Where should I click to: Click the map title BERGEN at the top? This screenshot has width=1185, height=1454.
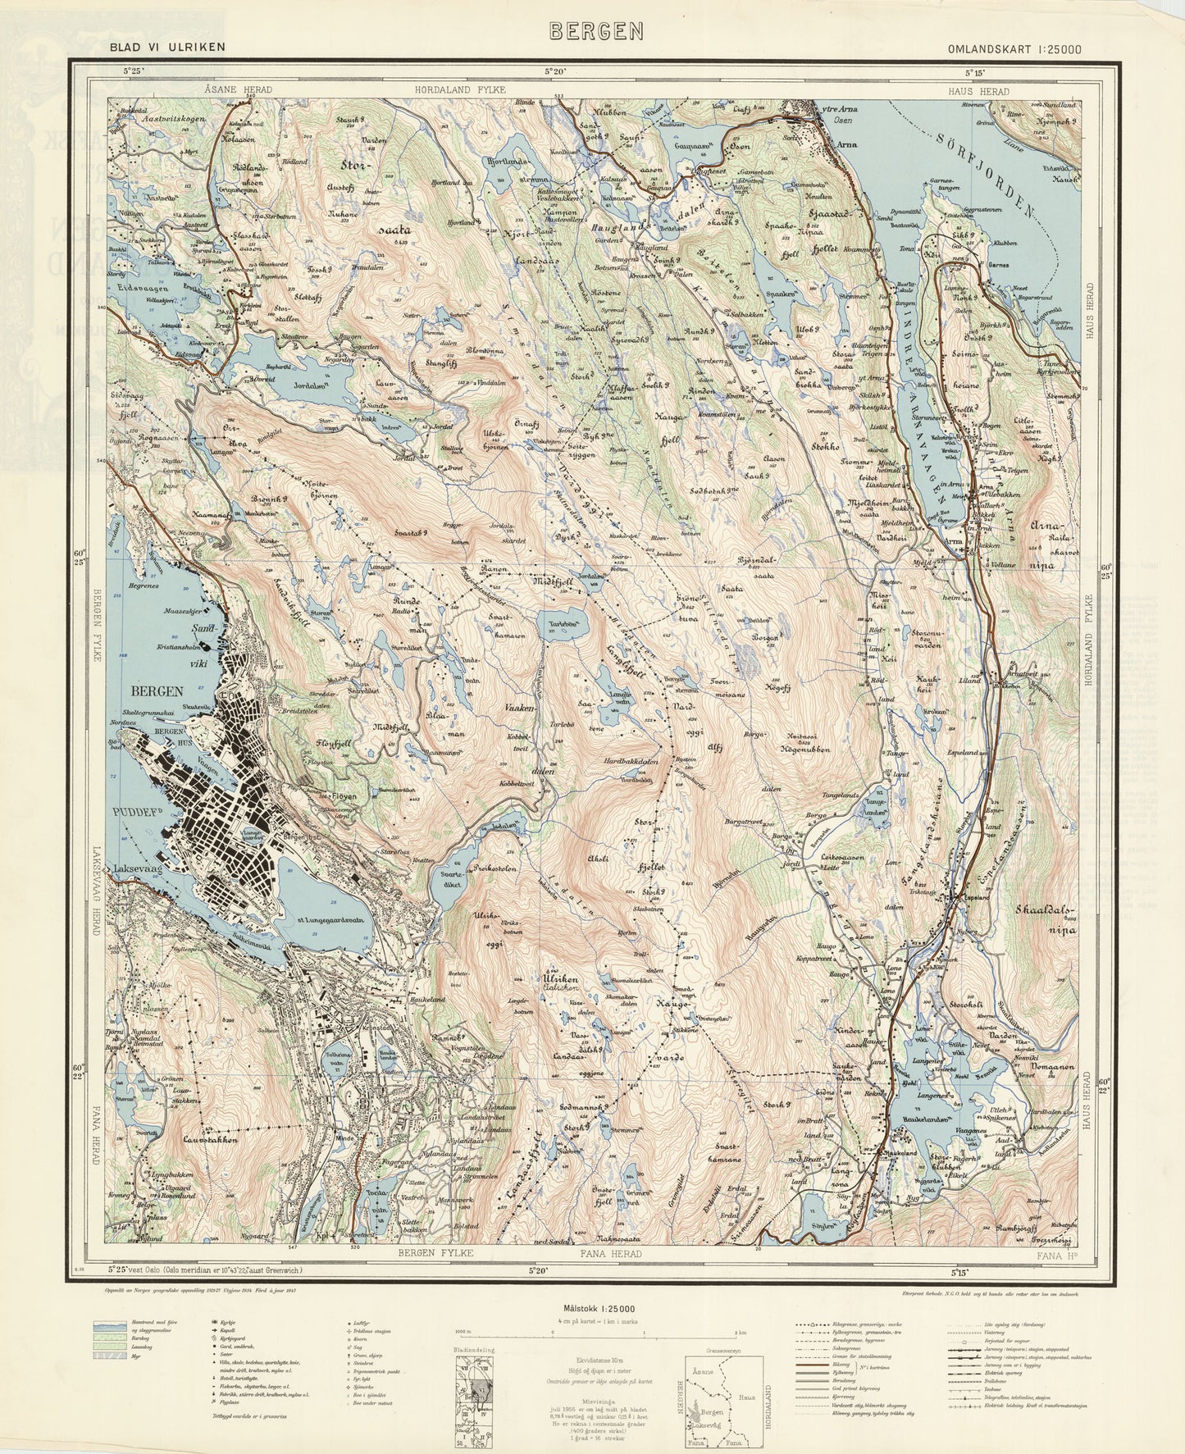click(x=596, y=30)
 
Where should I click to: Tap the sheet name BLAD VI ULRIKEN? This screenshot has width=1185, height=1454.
click(x=167, y=48)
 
